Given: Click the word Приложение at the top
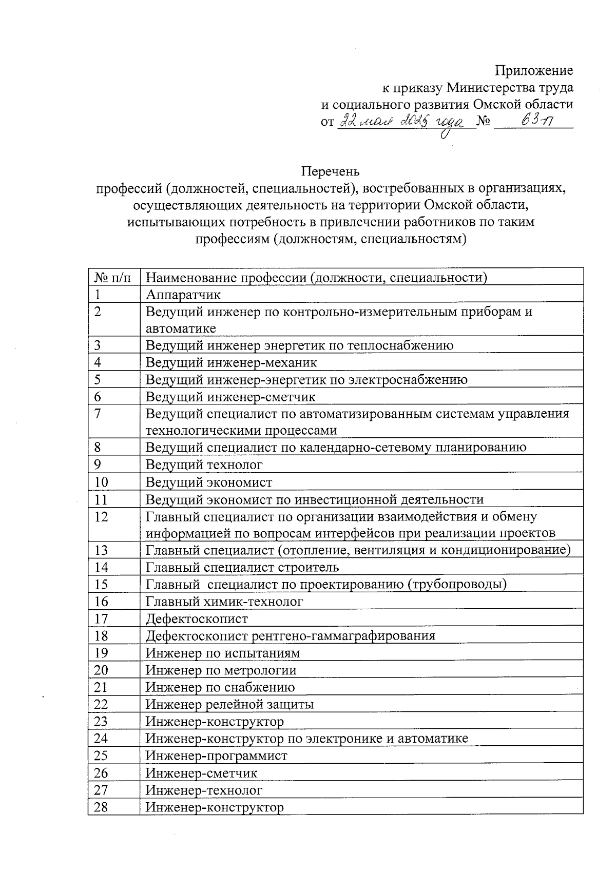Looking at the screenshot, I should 534,70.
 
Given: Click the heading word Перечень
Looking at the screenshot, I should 330,171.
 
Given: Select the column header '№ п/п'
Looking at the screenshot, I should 113,278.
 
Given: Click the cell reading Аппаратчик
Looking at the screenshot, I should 183,295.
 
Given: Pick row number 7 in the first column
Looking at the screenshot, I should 98,414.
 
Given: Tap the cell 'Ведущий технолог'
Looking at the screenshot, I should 204,465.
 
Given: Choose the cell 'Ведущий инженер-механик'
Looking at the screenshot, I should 232,362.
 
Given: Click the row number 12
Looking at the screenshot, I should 101,516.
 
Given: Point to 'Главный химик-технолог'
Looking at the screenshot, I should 224,602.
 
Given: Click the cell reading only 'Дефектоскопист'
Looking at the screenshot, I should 197,619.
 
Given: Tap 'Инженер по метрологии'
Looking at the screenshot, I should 221,670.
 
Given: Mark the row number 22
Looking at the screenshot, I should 101,704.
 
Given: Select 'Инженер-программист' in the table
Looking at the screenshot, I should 217,756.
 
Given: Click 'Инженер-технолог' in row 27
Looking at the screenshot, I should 204,790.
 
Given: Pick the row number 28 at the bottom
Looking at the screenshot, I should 101,807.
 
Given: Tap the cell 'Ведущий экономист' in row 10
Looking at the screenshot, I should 209,482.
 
